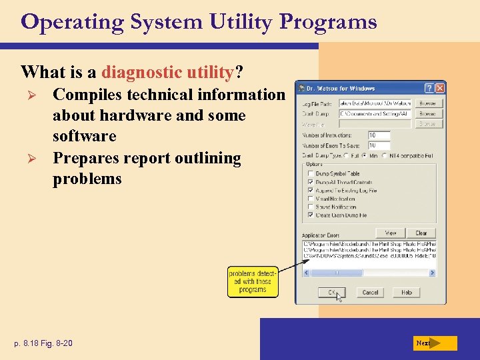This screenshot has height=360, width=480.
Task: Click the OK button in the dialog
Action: pyautogui.click(x=331, y=292)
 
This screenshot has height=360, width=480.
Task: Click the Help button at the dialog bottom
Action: pyautogui.click(x=406, y=292)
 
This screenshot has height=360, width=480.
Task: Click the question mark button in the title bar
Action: pyautogui.click(x=429, y=88)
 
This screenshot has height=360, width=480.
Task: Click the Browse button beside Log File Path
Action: pyautogui.click(x=427, y=103)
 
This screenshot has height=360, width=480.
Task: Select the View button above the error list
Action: pyautogui.click(x=390, y=233)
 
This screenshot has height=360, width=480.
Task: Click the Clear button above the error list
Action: pyautogui.click(x=421, y=233)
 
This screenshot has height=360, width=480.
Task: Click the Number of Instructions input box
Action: pyautogui.click(x=379, y=135)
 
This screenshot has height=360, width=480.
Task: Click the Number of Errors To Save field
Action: pyautogui.click(x=379, y=145)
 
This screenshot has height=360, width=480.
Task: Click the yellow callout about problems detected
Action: pyautogui.click(x=252, y=281)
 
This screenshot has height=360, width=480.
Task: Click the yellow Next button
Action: pyautogui.click(x=434, y=343)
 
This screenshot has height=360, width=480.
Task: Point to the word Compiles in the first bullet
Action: pyautogui.click(x=85, y=95)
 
